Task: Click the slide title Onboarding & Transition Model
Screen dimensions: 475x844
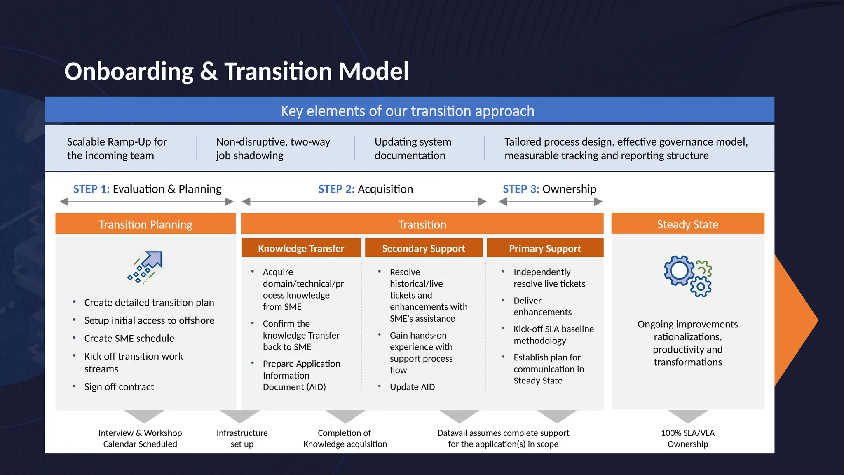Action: point(237,71)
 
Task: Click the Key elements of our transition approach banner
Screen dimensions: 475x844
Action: point(407,111)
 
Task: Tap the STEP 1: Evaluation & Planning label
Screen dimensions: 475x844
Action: point(147,189)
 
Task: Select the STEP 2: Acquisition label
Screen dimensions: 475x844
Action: point(365,189)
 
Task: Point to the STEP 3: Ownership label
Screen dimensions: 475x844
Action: point(549,189)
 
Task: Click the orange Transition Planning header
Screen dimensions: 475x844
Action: point(145,224)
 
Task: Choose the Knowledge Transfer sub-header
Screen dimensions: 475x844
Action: point(301,248)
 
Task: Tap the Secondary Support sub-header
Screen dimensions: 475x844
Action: point(423,248)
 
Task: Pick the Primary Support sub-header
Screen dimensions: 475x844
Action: point(545,248)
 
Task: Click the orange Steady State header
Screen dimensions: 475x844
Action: point(687,224)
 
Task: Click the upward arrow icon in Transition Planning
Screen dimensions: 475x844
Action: point(145,267)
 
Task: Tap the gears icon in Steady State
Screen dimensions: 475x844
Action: point(687,275)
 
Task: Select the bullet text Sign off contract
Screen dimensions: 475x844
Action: point(119,387)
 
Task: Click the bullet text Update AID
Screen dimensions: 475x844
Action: point(412,387)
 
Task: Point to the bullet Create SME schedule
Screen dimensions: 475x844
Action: point(129,338)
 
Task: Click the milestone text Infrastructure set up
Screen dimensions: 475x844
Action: point(242,438)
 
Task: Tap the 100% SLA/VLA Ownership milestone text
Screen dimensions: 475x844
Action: point(687,438)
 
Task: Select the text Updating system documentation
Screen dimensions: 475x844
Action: point(413,148)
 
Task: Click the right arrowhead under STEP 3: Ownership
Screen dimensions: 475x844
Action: point(598,202)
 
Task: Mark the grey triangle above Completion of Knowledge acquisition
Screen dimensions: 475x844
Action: point(345,416)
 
